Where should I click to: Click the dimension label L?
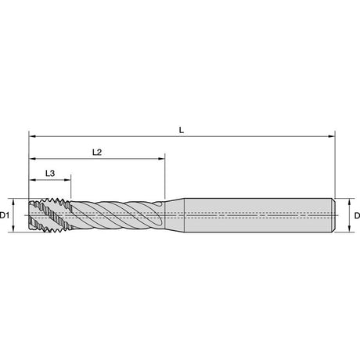click(182, 130)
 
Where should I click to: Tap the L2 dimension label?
click(97, 152)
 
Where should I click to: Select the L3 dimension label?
click(50, 173)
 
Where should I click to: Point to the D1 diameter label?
click(5, 215)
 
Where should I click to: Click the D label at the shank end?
click(357, 215)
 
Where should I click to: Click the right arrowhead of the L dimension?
click(332, 136)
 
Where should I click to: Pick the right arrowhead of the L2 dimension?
click(161, 158)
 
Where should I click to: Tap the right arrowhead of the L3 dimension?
click(67, 180)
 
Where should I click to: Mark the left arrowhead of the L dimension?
click(32, 136)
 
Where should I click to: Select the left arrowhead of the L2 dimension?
click(32, 158)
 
